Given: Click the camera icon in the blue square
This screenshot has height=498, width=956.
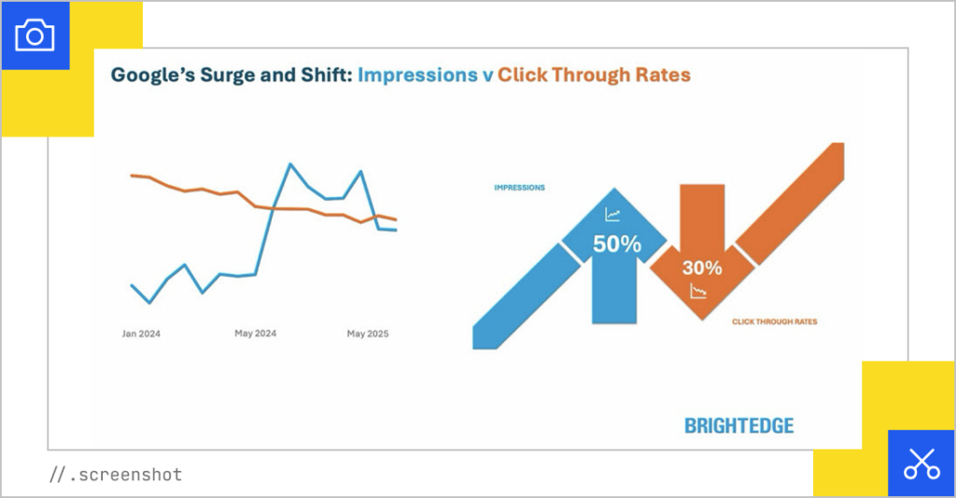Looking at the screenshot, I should tap(35, 36).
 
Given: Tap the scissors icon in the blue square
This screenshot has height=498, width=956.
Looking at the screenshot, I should tap(921, 462).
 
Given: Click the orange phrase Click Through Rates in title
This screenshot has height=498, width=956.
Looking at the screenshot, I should tap(594, 75).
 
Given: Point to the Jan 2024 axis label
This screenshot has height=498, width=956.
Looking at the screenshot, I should tap(142, 334).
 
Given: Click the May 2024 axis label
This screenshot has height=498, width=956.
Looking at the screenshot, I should tap(255, 334).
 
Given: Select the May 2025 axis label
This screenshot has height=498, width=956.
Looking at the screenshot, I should tap(368, 334).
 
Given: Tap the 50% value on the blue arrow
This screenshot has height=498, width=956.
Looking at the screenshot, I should tap(617, 245).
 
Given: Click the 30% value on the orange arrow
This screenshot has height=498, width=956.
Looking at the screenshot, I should tap(701, 268).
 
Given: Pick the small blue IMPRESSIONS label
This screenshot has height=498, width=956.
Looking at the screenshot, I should tap(519, 188).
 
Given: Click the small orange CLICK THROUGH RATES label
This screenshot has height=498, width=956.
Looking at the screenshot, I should tap(774, 321).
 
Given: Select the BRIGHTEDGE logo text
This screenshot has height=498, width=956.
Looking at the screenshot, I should tap(738, 426).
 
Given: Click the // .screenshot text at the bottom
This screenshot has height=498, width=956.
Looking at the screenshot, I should tap(115, 475).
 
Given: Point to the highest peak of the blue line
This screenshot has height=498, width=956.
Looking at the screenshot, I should tap(290, 164).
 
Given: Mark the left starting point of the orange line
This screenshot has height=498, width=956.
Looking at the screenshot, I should tap(132, 175).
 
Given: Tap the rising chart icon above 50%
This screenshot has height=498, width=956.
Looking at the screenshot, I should tap(612, 215).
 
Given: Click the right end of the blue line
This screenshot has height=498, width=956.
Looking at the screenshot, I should tap(396, 230).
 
